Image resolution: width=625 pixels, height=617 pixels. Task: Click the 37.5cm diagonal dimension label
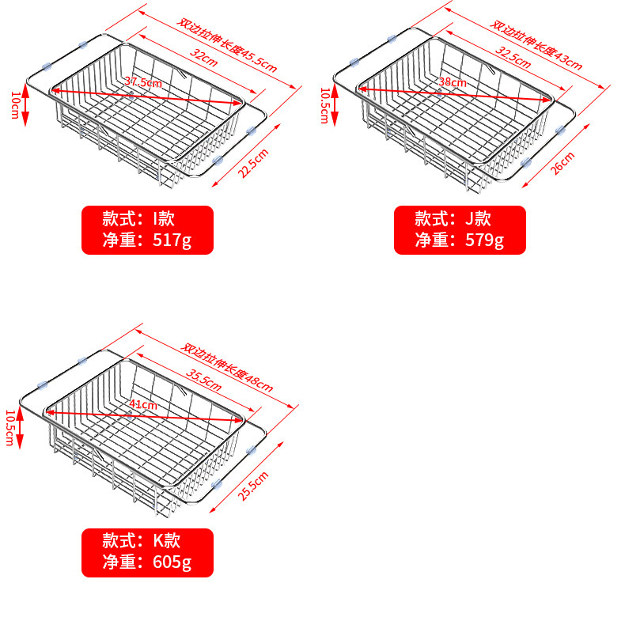click(142, 82)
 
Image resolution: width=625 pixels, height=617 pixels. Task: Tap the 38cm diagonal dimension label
click(453, 82)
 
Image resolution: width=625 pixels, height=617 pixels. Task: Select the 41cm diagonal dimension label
click(142, 404)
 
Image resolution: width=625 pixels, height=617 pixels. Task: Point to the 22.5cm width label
click(253, 164)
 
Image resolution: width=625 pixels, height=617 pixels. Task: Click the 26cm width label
click(562, 163)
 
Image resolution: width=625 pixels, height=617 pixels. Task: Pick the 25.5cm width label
click(253, 486)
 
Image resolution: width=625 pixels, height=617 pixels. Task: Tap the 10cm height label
click(15, 105)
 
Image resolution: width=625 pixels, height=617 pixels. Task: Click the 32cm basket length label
click(203, 58)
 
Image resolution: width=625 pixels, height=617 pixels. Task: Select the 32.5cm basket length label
click(513, 57)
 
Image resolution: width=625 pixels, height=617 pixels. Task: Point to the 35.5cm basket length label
click(203, 380)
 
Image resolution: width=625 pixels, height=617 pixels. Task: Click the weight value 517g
click(172, 240)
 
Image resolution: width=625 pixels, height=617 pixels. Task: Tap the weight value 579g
click(485, 240)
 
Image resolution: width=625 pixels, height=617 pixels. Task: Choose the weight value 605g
click(172, 562)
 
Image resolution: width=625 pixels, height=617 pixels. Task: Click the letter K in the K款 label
click(159, 541)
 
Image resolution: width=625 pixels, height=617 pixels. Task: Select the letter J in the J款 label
click(470, 219)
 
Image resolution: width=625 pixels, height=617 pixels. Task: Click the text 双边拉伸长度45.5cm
click(227, 45)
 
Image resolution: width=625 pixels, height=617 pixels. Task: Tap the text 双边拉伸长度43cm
click(536, 44)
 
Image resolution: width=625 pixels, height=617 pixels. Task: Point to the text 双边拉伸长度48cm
click(227, 367)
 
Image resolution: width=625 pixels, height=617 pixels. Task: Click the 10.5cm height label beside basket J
click(325, 106)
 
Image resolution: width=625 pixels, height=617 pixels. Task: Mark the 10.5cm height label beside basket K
click(10, 428)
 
